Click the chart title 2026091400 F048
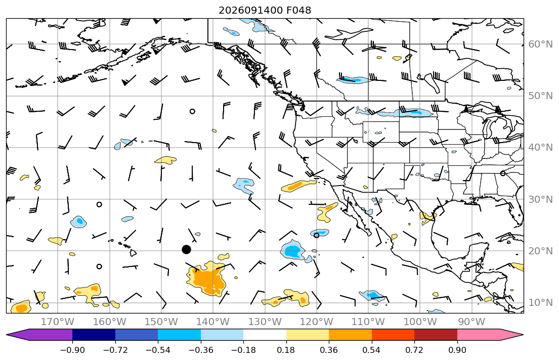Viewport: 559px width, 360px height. coord(265,10)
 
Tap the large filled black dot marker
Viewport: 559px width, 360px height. coord(186,249)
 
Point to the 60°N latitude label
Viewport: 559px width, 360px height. coord(540,44)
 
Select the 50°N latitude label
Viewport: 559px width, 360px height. coord(540,96)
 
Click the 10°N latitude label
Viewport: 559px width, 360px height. coord(540,303)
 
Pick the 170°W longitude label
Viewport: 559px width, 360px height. coord(58,322)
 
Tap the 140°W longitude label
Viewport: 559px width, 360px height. coord(213,322)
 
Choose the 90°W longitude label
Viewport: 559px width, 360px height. coord(471,322)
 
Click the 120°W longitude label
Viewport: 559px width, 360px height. coord(317,322)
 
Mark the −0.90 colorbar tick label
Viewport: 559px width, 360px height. coord(72,350)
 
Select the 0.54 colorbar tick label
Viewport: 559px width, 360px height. coord(371,350)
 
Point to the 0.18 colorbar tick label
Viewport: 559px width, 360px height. coord(286,350)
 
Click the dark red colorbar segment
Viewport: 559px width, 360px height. coord(436,335)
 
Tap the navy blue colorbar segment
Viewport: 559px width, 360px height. coord(94,335)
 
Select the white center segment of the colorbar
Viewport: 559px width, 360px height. coord(265,335)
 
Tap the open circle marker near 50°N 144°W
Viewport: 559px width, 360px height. coord(193,111)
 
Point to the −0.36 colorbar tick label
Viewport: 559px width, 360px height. coord(201,350)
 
